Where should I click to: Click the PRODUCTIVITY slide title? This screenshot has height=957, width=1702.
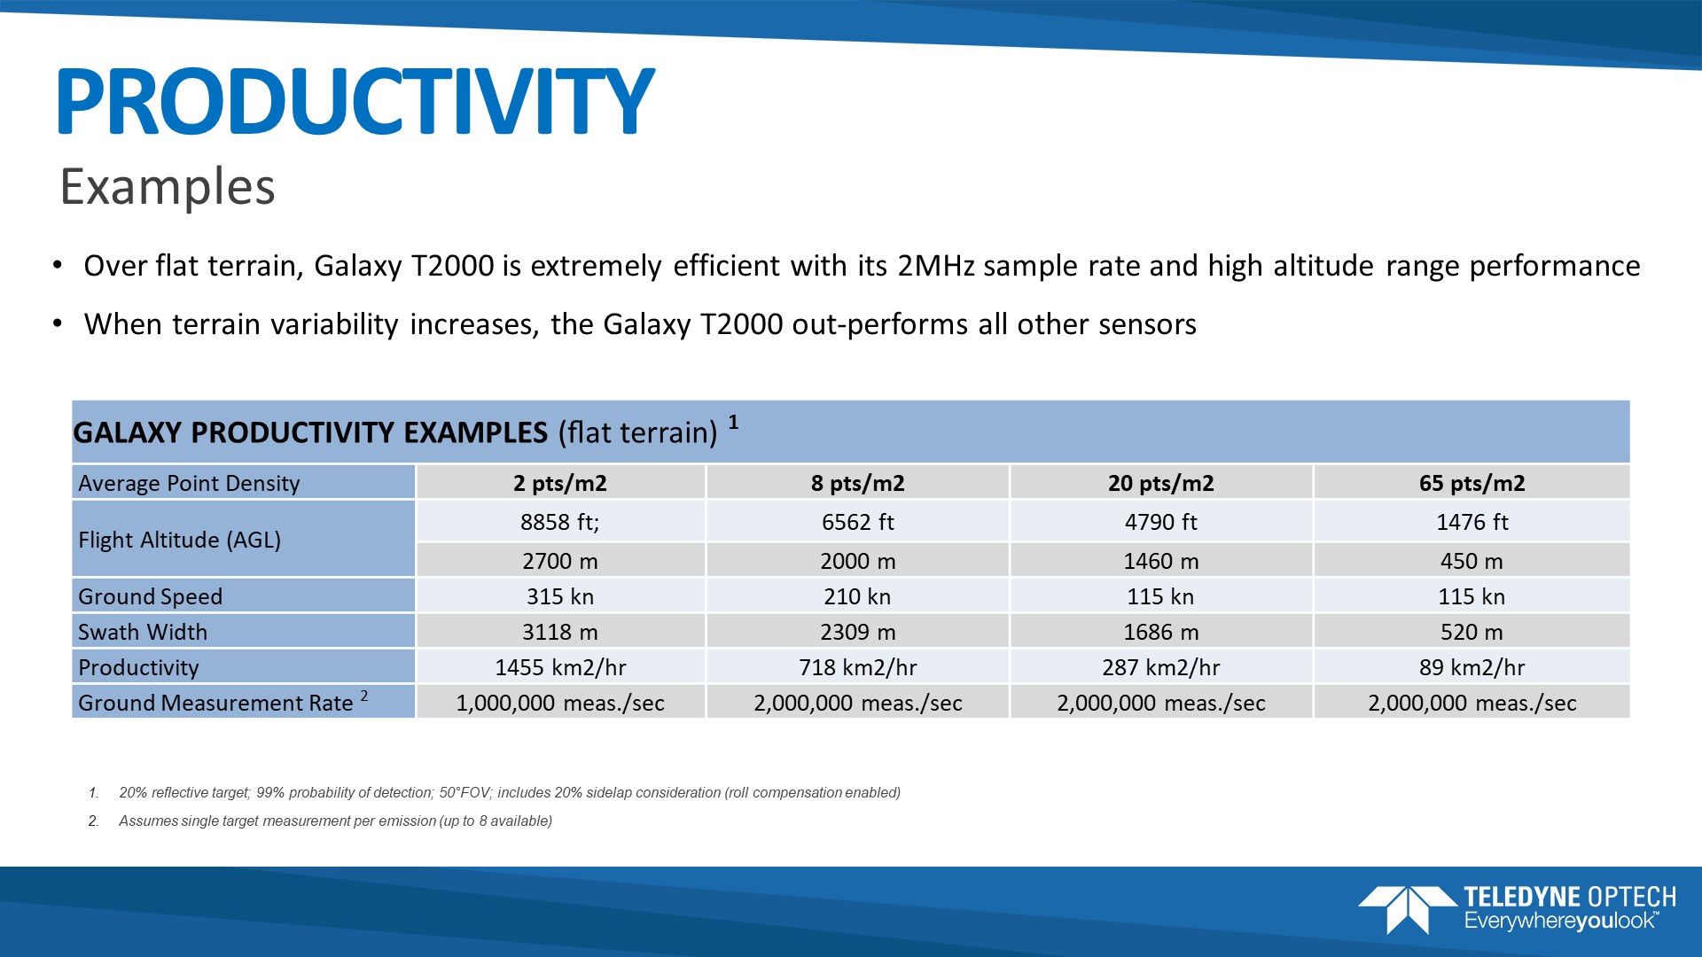point(355,101)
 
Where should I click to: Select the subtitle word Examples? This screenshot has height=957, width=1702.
point(168,187)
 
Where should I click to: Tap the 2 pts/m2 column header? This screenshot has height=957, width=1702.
point(560,483)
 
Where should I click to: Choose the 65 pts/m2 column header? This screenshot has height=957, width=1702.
point(1472,483)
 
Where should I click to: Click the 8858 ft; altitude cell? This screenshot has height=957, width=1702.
point(560,522)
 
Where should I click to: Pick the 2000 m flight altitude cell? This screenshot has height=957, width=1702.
point(857,561)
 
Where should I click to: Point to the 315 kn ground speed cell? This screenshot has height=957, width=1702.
point(560,596)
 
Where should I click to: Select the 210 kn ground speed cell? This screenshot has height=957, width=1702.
point(857,596)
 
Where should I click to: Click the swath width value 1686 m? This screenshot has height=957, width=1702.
point(1160,632)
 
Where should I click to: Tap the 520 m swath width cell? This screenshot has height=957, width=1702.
point(1472,632)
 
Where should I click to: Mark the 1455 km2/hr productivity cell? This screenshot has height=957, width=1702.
point(560,667)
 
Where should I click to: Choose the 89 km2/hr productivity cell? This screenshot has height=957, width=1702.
point(1472,667)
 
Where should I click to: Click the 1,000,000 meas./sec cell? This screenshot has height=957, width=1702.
point(560,703)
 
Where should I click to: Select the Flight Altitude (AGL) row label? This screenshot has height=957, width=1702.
point(180,540)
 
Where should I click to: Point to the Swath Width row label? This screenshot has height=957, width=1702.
point(143,632)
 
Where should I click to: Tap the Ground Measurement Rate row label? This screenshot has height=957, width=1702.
point(216,703)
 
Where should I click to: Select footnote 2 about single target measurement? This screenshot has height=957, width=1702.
point(335,821)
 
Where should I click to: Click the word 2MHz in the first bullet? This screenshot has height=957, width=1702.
point(936,266)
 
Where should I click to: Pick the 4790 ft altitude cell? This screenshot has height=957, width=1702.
point(1160,522)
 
